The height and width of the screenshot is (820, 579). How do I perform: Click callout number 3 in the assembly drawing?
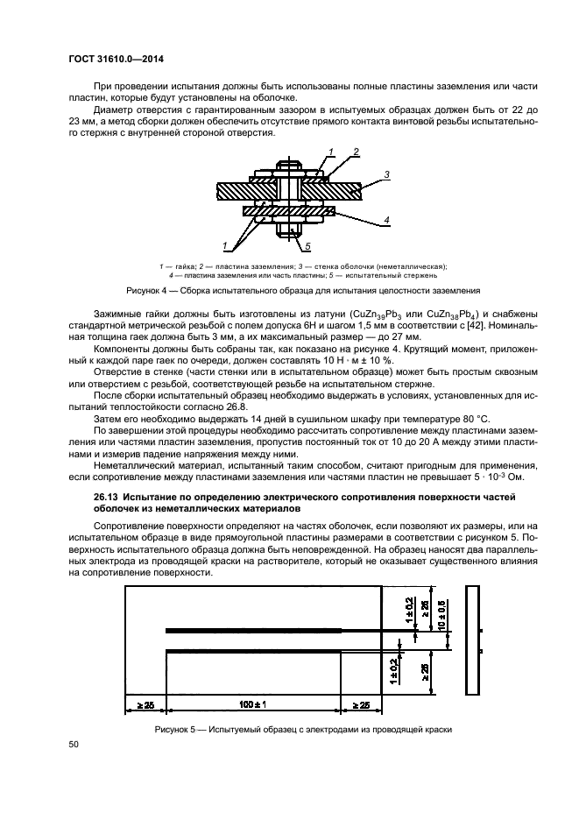click(385, 173)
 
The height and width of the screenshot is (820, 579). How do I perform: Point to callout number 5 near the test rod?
click(307, 247)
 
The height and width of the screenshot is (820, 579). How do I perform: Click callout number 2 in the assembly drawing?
click(357, 152)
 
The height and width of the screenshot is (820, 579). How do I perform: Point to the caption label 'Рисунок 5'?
click(176, 730)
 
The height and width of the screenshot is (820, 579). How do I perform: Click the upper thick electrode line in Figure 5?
click(255, 629)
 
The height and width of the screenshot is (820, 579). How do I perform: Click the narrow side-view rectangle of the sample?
click(474, 649)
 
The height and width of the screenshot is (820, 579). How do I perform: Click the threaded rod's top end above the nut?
click(289, 163)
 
